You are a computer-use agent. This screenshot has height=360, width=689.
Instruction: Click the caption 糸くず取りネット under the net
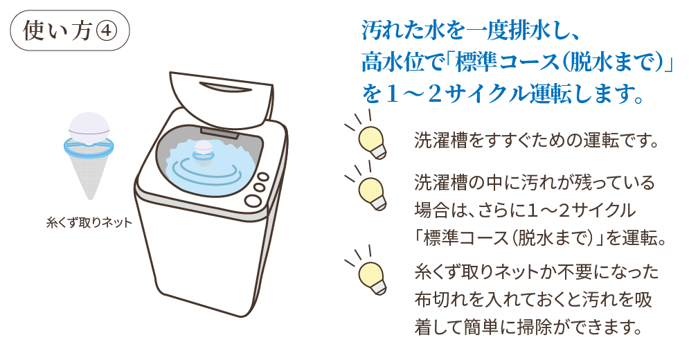point(89,223)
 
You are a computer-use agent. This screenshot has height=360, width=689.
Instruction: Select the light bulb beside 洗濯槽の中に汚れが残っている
point(370,190)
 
